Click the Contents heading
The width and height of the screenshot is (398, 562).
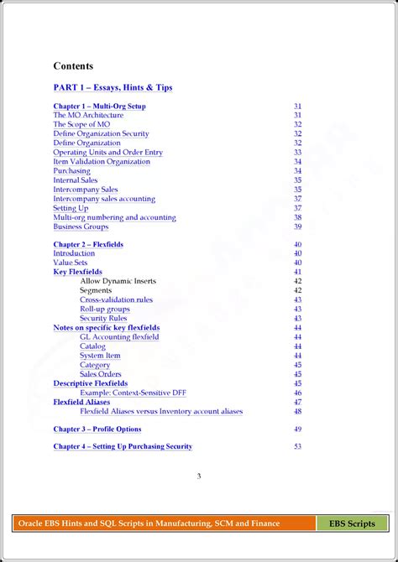73,66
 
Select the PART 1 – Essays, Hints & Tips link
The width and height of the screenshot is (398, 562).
113,87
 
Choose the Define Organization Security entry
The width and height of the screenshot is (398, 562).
101,134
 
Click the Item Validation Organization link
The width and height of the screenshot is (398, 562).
102,162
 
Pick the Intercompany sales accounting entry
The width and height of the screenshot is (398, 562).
104,199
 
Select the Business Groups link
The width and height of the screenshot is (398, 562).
81,226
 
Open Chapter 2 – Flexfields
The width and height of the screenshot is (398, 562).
88,245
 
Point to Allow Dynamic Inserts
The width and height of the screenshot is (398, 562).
118,282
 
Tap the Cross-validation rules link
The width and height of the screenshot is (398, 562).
116,300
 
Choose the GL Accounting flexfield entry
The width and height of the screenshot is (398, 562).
119,337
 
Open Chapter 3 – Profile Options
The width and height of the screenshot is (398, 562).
97,429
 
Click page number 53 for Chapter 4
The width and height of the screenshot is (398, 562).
297,447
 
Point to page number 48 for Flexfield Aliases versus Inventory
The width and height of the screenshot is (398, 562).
297,411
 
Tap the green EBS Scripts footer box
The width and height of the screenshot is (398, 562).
352,524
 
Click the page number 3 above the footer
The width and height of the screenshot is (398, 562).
199,477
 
